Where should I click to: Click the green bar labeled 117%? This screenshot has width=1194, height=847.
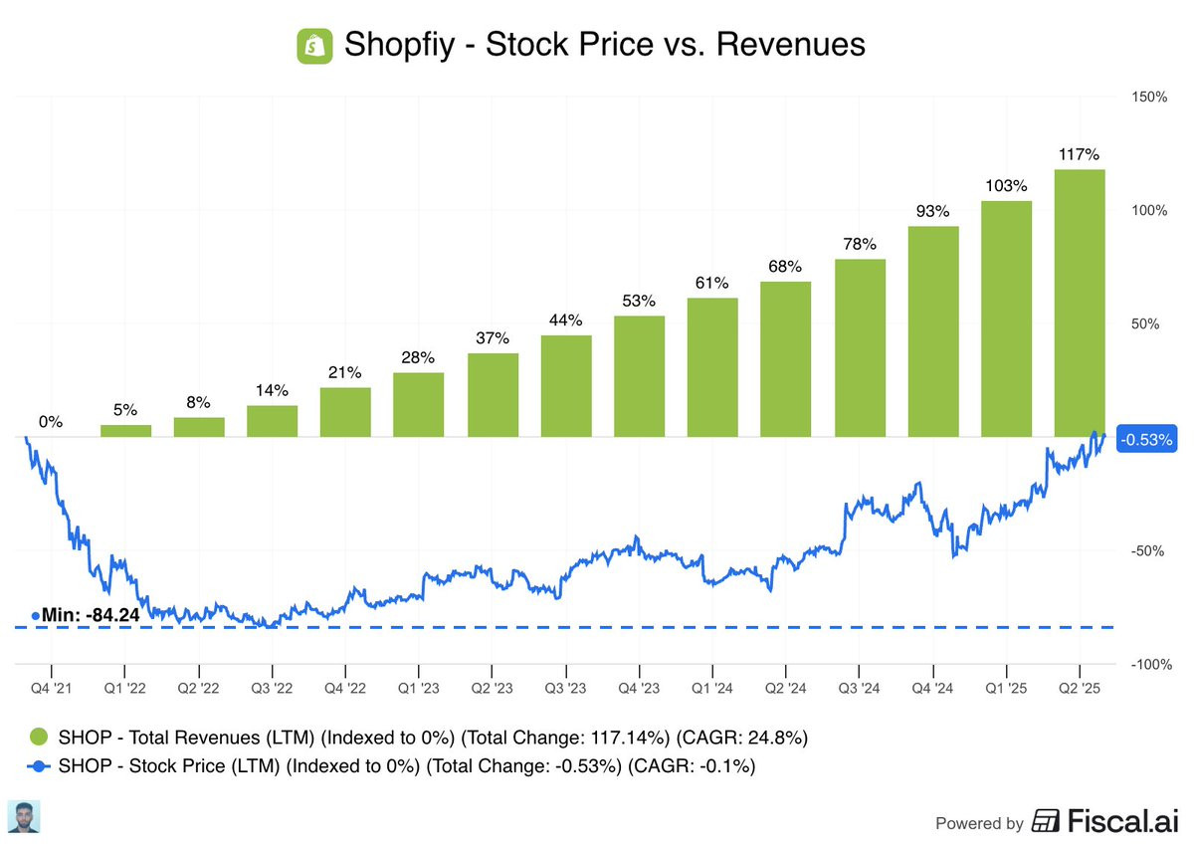(1080, 303)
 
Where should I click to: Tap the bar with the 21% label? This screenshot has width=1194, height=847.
(345, 412)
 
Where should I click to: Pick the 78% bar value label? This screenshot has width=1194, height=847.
(860, 245)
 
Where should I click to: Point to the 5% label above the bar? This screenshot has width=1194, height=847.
(125, 410)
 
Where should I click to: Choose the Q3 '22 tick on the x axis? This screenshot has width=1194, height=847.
(272, 687)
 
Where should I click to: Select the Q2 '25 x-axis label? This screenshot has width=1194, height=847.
(1080, 687)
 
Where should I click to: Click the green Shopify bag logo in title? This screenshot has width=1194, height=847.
(314, 46)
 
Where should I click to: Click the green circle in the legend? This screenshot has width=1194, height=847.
(38, 738)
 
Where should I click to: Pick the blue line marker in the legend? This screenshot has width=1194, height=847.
(38, 767)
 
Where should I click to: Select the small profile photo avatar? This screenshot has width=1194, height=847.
(23, 816)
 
